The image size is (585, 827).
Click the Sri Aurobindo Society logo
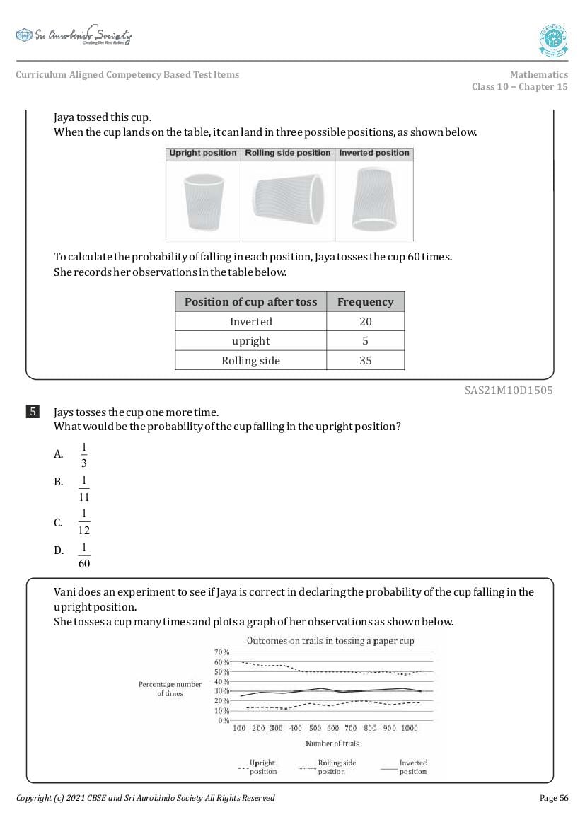(74, 36)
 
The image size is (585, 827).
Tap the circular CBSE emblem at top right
(553, 40)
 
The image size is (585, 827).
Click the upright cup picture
(202, 200)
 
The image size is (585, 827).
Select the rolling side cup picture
(288, 200)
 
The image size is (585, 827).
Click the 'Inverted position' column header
(374, 153)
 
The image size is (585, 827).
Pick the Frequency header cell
(365, 302)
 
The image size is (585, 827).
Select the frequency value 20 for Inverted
(365, 322)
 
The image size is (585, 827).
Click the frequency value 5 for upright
(365, 341)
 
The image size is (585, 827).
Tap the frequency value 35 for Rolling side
(365, 361)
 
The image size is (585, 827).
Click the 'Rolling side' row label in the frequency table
(250, 361)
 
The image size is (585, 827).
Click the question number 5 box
(33, 412)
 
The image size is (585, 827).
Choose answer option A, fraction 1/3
(83, 454)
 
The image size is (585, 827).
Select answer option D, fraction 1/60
(84, 557)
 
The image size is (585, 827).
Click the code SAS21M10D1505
(509, 390)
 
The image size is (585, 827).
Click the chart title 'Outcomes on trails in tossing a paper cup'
(330, 641)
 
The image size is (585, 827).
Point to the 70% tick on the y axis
(221, 652)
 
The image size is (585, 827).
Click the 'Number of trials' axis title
(332, 744)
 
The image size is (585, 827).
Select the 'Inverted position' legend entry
(413, 767)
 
